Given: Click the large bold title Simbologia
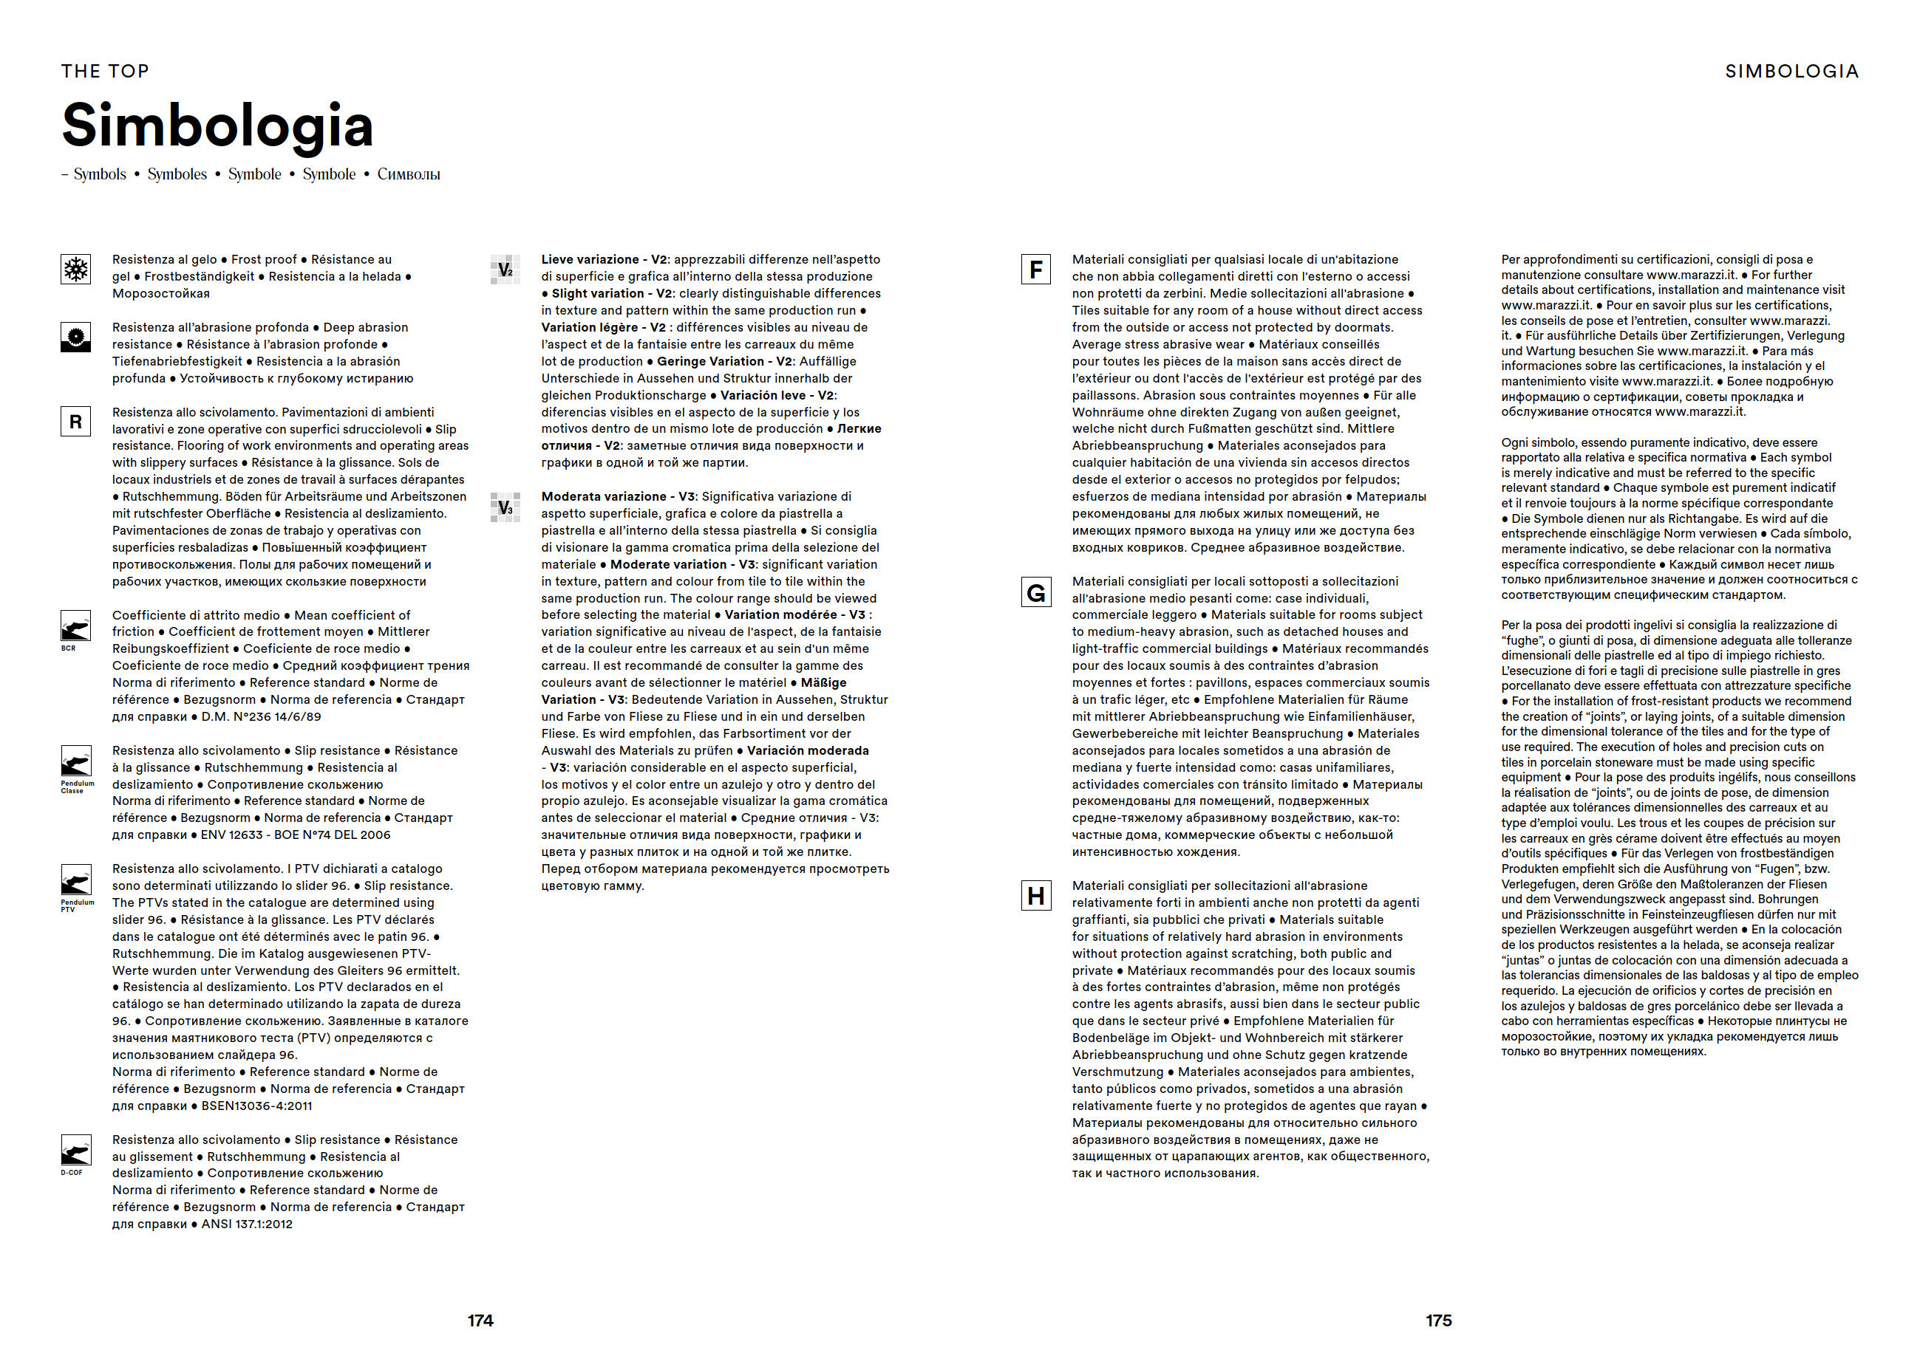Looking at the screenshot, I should (217, 125).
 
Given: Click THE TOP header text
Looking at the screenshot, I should (105, 72).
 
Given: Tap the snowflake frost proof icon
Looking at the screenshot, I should (76, 270).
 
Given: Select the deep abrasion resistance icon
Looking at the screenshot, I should (76, 338).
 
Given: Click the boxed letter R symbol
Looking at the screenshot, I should (76, 422).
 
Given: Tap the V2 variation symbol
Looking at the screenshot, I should (505, 270).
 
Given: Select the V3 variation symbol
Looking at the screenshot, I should (505, 507).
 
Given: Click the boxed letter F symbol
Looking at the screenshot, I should (1036, 270).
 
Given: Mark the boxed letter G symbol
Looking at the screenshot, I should (1036, 592).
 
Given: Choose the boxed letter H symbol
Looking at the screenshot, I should (1036, 896).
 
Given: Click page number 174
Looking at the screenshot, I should (480, 1320).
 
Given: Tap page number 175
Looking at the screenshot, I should (1438, 1320).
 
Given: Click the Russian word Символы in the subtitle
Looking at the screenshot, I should (409, 174).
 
